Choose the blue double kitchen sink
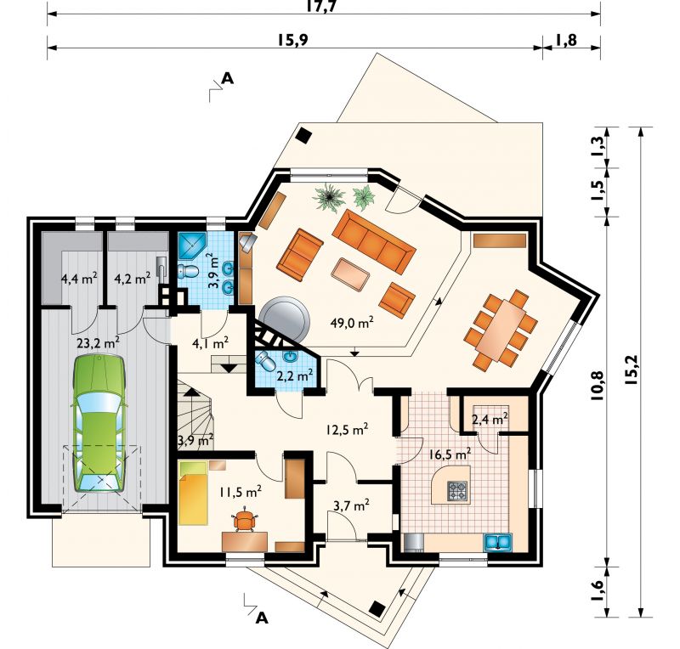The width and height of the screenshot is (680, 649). click(x=498, y=543)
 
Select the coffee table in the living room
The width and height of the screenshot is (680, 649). click(x=350, y=275)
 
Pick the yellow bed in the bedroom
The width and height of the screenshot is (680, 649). click(x=193, y=494)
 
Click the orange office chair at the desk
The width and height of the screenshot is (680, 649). click(x=245, y=520)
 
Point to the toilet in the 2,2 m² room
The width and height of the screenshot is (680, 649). click(x=265, y=361)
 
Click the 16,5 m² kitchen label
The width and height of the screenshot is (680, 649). click(x=450, y=454)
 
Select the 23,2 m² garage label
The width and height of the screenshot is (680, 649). click(x=99, y=343)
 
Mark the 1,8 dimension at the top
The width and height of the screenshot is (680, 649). click(x=565, y=40)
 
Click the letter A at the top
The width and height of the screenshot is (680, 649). click(x=228, y=78)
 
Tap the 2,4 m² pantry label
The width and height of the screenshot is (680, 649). click(x=490, y=420)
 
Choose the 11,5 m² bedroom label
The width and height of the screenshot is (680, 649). click(x=240, y=492)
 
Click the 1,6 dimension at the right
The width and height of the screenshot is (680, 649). click(x=598, y=590)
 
